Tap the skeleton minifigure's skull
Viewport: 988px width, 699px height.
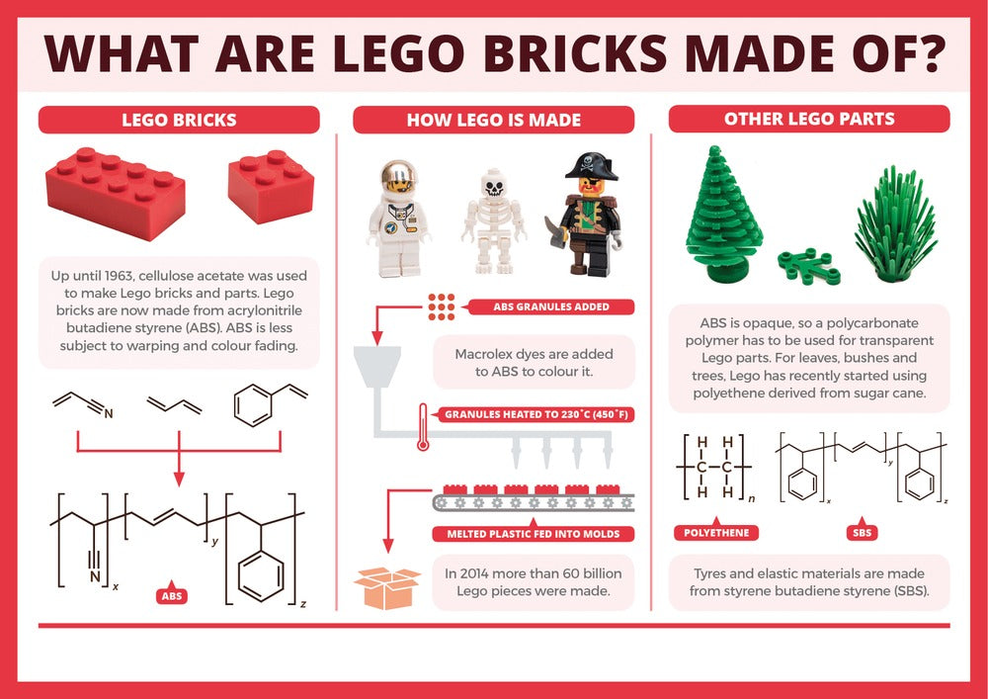pos(493,184)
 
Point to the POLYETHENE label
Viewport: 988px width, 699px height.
pos(716,531)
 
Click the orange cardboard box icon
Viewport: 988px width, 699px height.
pos(387,587)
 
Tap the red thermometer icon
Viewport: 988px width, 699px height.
pos(423,427)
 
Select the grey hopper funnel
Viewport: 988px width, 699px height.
pos(377,367)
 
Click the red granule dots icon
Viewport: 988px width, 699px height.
pos(441,306)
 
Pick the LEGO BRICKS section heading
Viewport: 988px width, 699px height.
pos(179,120)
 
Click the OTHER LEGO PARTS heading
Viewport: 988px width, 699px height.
pos(809,119)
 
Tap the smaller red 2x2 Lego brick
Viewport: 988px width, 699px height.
pos(271,186)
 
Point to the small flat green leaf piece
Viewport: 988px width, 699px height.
pos(808,266)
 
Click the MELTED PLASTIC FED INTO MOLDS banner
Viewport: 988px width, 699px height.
pos(534,533)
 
